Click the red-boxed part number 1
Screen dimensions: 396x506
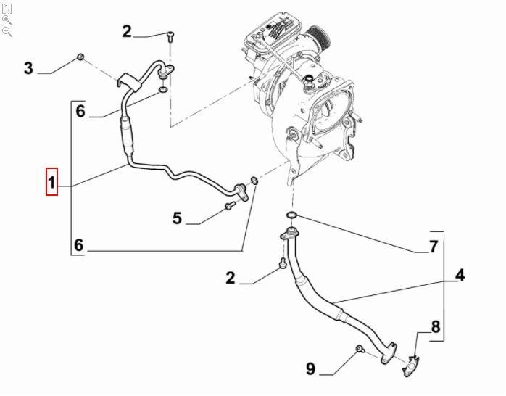coord(52,181)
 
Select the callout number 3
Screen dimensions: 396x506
coord(28,68)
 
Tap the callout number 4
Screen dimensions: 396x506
coord(460,275)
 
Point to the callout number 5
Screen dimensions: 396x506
coord(176,217)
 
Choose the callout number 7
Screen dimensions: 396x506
coord(433,247)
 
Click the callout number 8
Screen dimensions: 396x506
coord(436,326)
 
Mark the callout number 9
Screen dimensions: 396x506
coord(310,369)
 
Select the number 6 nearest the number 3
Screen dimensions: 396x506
coord(80,111)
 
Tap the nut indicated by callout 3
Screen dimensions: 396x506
coord(81,57)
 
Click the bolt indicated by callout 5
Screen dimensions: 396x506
coord(229,207)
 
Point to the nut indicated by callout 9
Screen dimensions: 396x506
coord(359,351)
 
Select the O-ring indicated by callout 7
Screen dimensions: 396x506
coord(291,215)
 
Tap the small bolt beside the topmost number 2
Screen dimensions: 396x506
coord(169,36)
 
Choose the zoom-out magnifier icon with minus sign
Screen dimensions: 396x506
coord(7,32)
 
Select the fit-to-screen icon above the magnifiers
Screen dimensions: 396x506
coord(7,7)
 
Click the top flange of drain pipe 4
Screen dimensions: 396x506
coord(289,233)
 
